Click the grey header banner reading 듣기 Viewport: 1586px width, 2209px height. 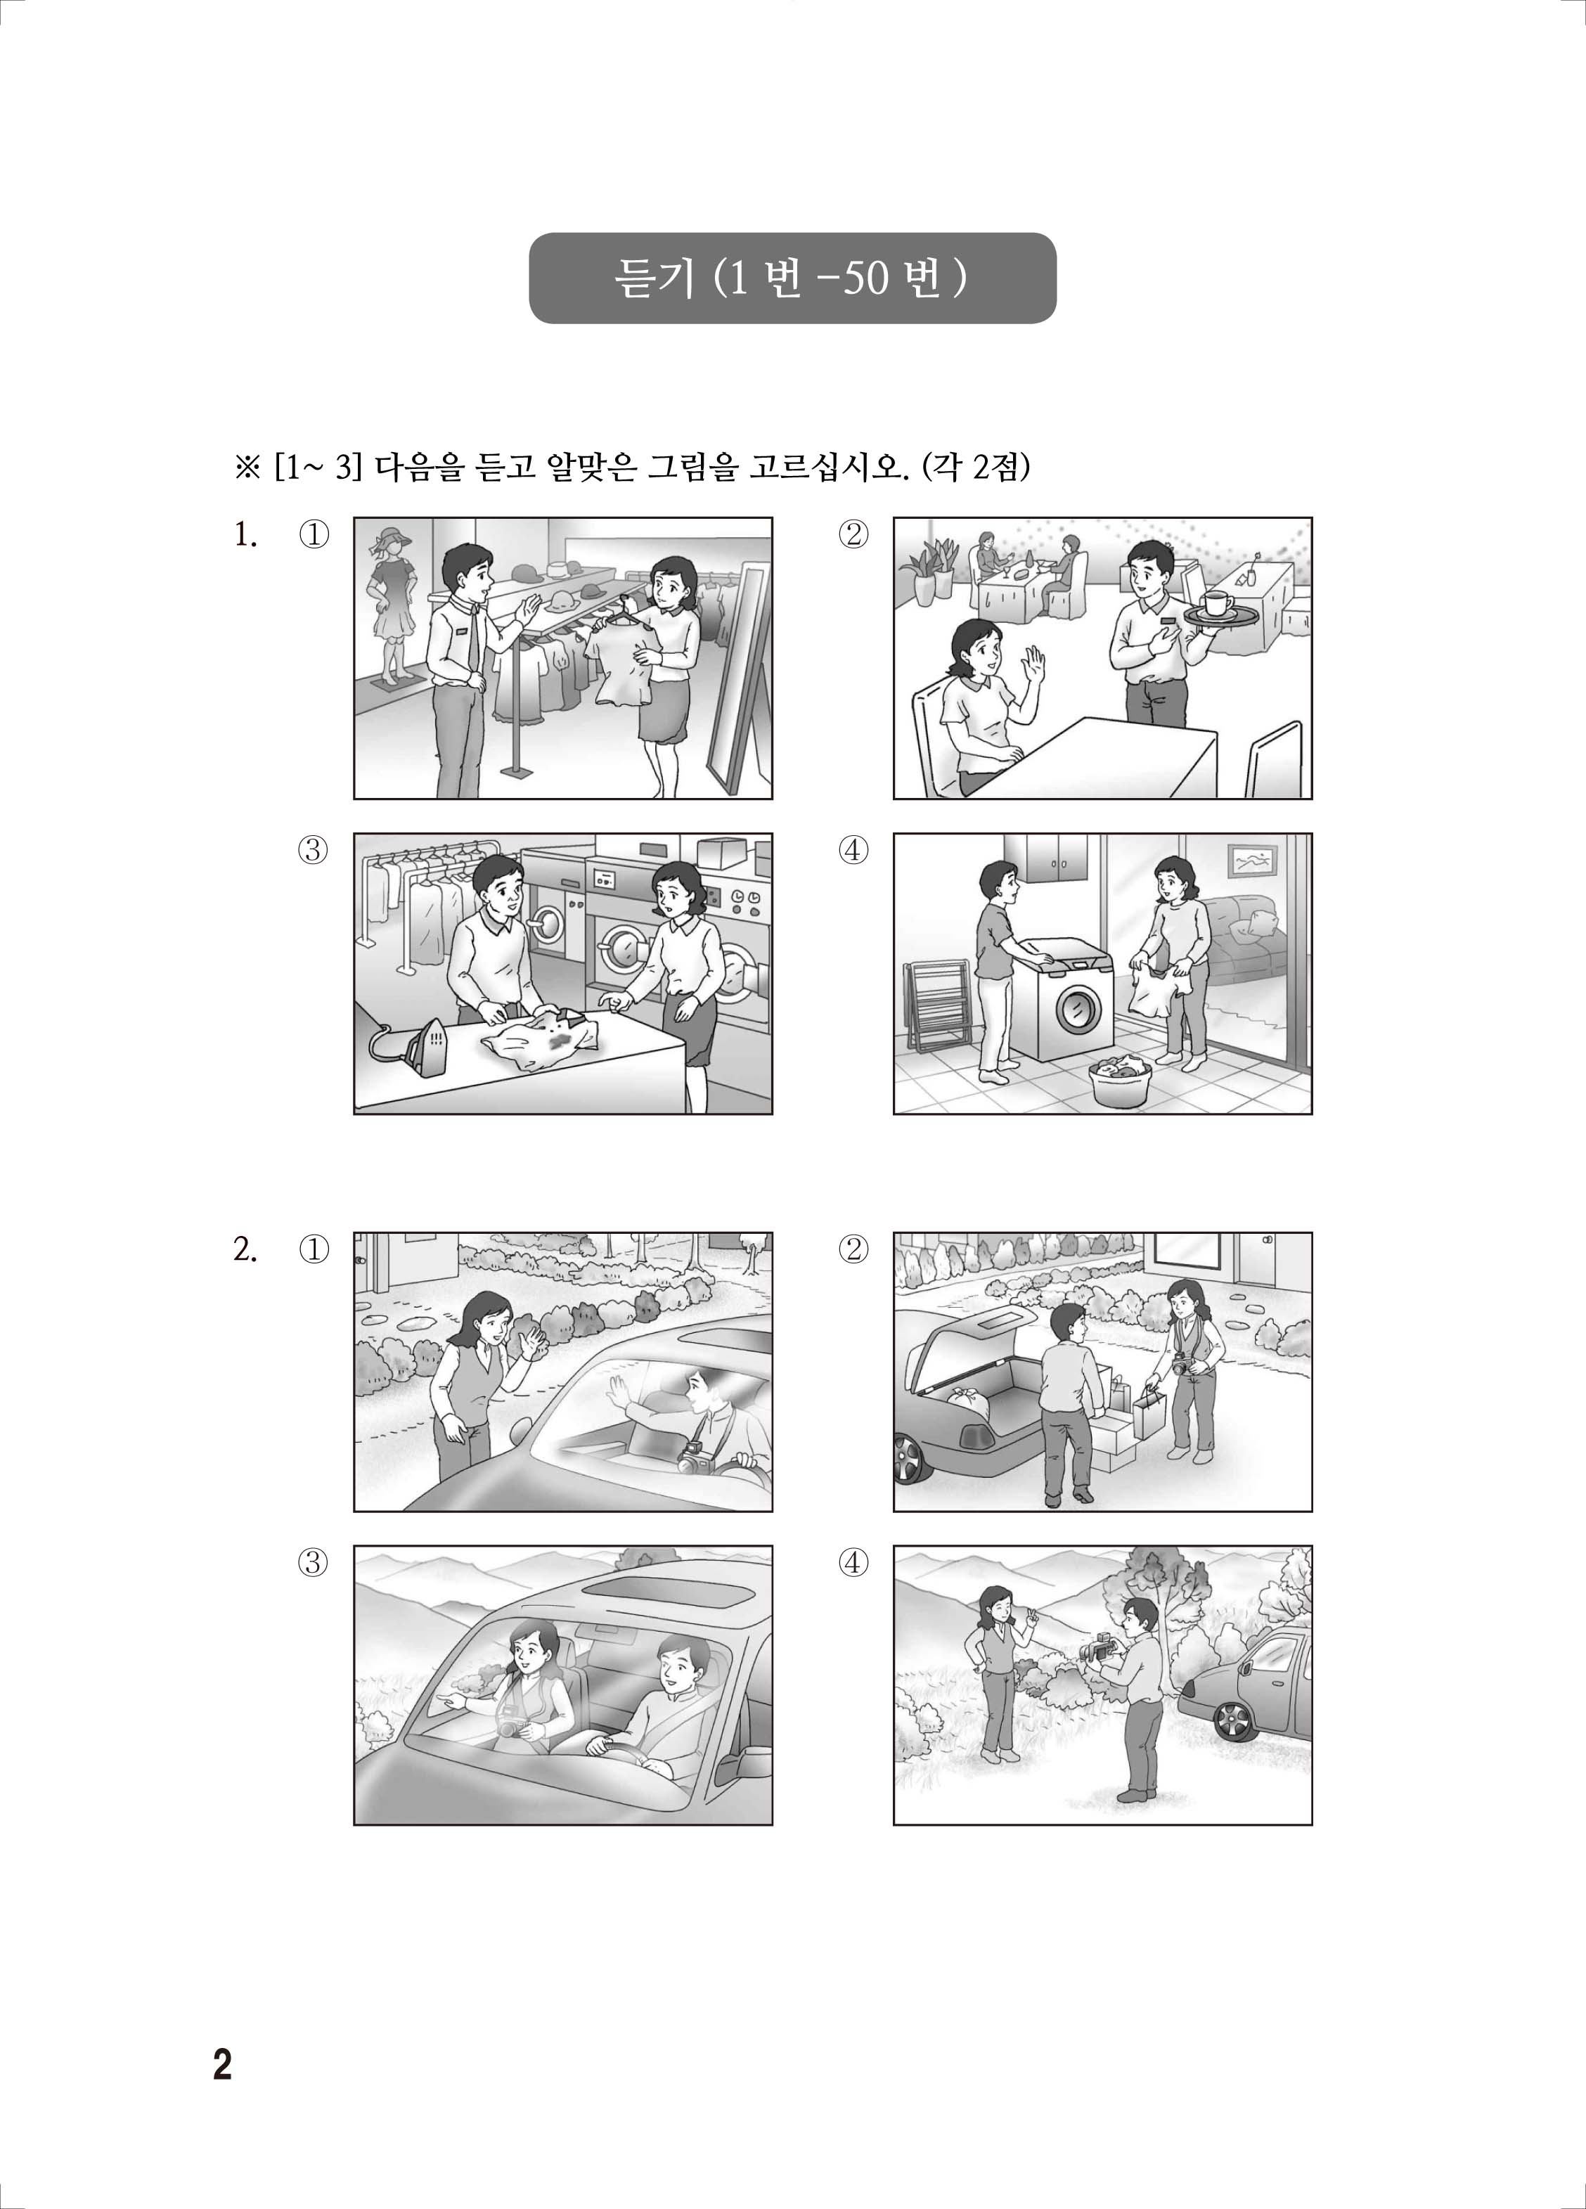792,278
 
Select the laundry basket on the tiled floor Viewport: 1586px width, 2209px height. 1121,1080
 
